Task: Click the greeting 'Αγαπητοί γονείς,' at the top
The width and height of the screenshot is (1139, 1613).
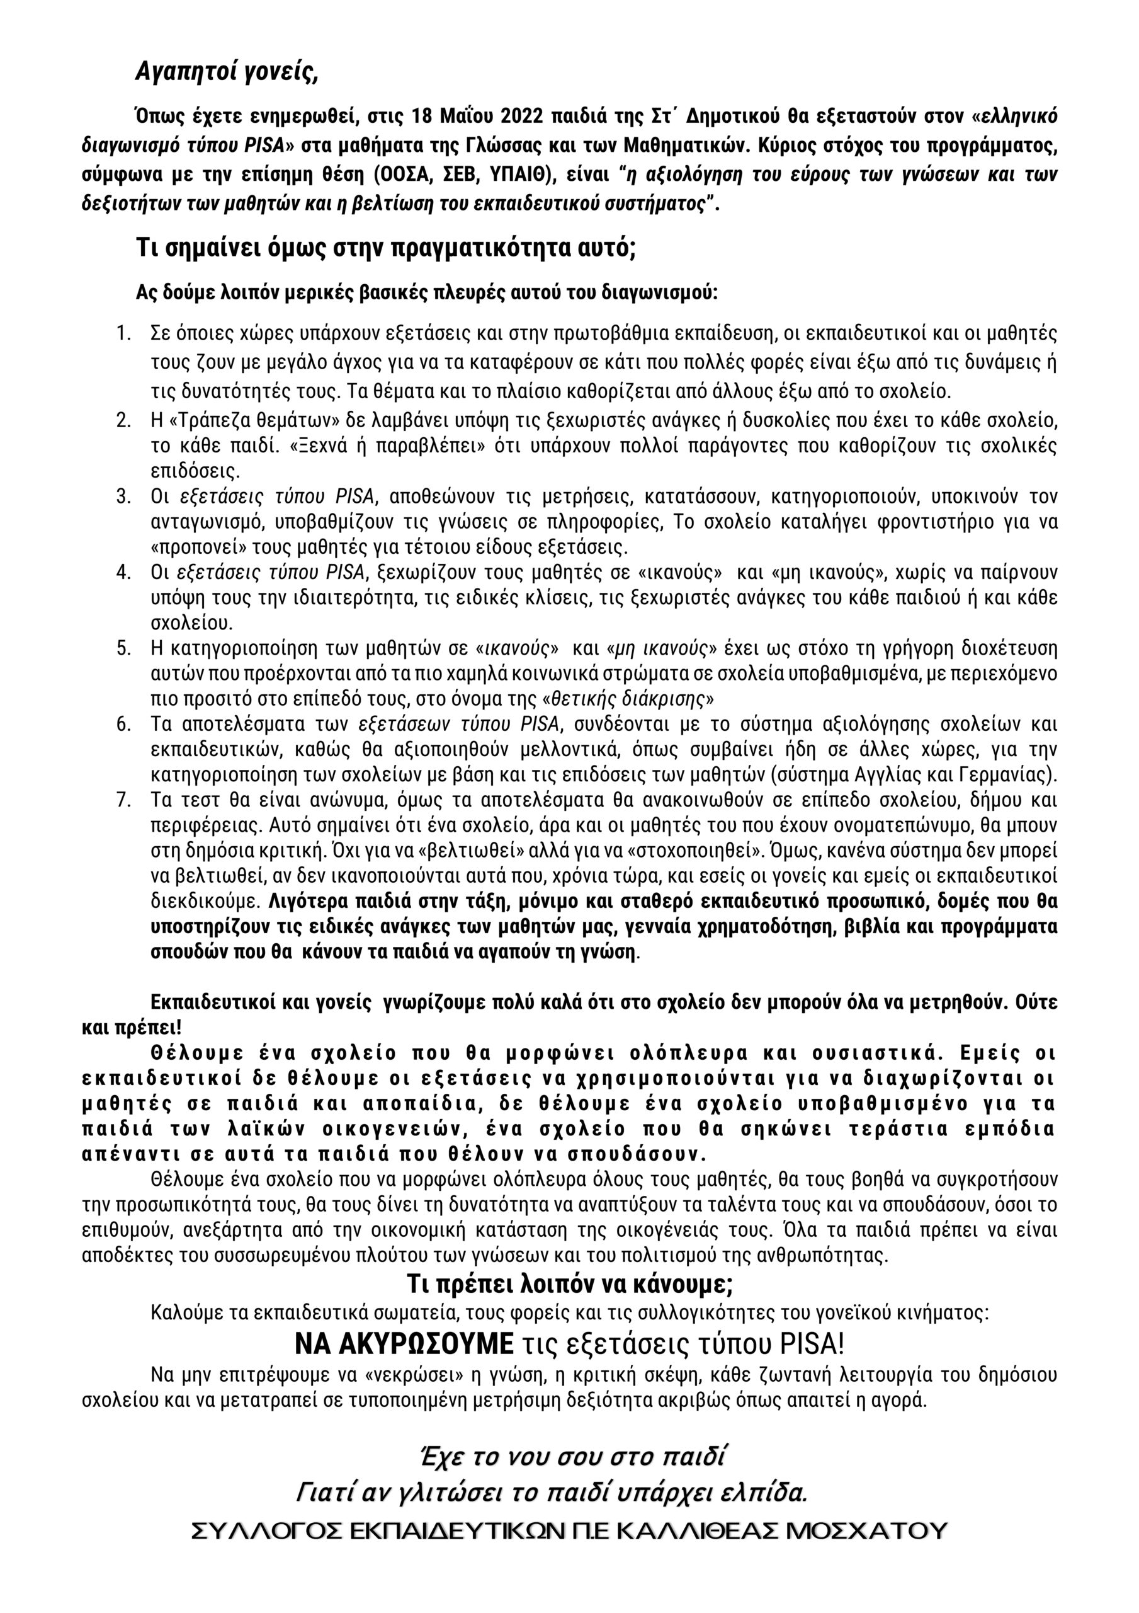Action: [x=227, y=72]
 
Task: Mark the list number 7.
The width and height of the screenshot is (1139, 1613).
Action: [x=123, y=800]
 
